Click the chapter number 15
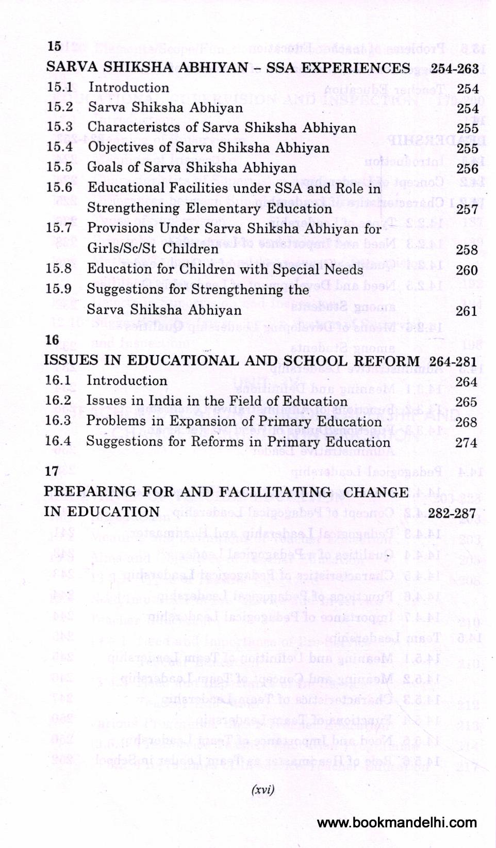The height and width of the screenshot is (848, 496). click(54, 46)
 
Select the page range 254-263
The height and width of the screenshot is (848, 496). click(454, 69)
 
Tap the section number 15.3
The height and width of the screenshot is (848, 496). click(59, 127)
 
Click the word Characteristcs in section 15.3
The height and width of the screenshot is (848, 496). click(128, 127)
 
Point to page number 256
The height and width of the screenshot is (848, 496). click(467, 168)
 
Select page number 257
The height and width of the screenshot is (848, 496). click(467, 209)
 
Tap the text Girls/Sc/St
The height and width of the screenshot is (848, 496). click(121, 249)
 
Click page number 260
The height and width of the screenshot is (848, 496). click(467, 270)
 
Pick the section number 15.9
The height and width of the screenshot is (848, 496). click(58, 289)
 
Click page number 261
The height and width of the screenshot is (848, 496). click(467, 311)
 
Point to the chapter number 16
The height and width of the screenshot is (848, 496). click(52, 340)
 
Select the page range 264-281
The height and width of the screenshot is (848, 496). click(453, 361)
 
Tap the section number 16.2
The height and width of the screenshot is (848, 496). click(58, 401)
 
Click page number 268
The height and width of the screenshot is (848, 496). click(466, 422)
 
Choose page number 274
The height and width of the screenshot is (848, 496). click(466, 442)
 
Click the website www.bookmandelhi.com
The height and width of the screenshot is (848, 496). click(396, 823)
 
